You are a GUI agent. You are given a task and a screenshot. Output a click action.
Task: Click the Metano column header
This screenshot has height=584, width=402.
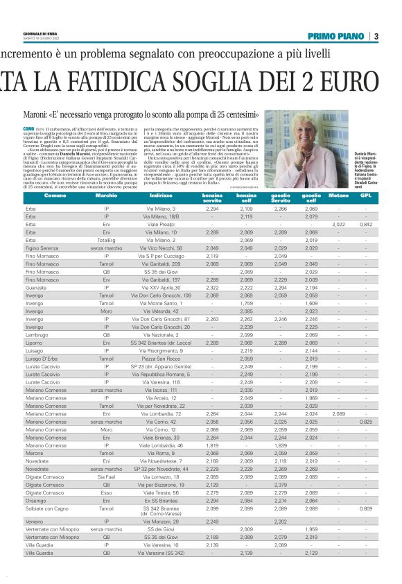[x=338, y=197]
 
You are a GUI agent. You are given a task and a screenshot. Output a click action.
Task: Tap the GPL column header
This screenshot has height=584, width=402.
[x=366, y=197]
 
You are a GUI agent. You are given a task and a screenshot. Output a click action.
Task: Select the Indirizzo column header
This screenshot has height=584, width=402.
[x=161, y=197]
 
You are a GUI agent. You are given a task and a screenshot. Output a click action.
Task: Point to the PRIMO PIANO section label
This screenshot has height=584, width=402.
[x=338, y=36]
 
